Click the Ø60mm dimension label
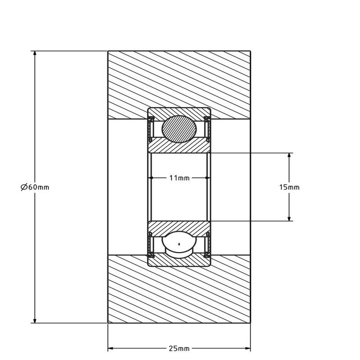(34, 187)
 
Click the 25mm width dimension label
(179, 348)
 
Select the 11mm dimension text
(179, 178)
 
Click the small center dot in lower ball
(179, 243)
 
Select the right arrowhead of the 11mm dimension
(207, 178)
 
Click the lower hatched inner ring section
(179, 226)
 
